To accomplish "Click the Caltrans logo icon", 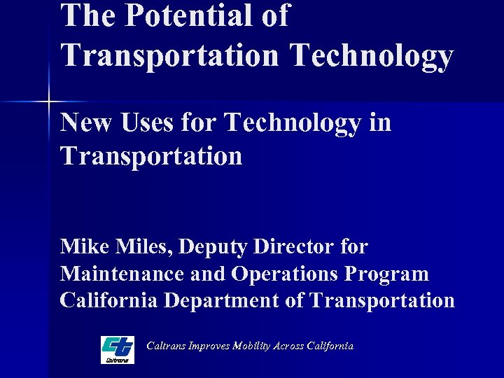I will coord(118,349).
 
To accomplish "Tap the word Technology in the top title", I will coord(372,56).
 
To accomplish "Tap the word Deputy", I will coord(216,247).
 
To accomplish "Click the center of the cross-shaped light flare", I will coord(50,103).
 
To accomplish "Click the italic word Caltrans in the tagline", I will coord(166,346).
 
